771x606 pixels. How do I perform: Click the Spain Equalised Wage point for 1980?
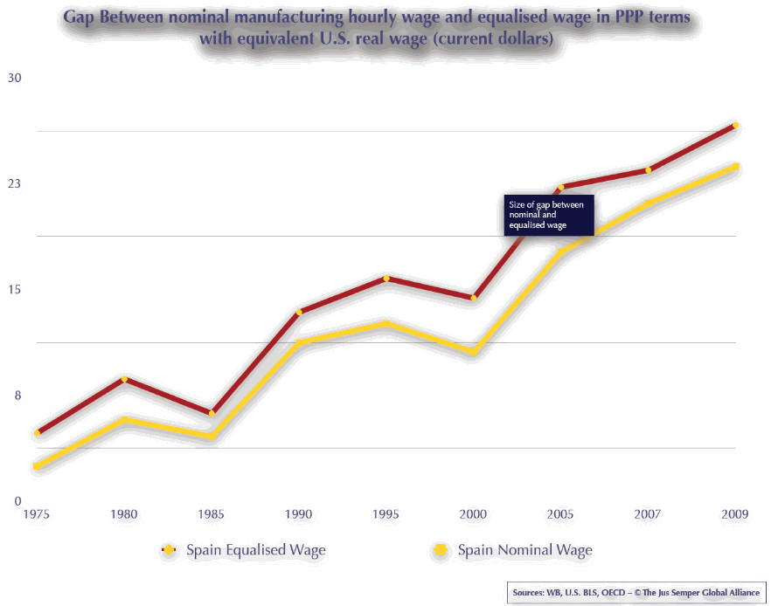124,379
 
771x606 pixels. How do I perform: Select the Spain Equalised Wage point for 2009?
736,126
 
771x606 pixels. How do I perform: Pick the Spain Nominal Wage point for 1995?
386,323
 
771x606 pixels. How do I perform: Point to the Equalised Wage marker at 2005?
561,187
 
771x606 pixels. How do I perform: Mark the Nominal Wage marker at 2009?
736,167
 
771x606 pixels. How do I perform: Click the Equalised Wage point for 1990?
299,312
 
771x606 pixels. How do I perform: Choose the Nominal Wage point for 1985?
212,436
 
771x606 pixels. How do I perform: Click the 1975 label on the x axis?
37,515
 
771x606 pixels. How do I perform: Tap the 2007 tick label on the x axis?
649,515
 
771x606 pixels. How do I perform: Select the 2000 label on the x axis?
474,515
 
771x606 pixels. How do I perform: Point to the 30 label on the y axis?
15,78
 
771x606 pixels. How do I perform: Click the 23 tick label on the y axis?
15,183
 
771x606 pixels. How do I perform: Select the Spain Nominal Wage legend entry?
524,550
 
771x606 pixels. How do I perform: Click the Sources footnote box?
636,593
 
